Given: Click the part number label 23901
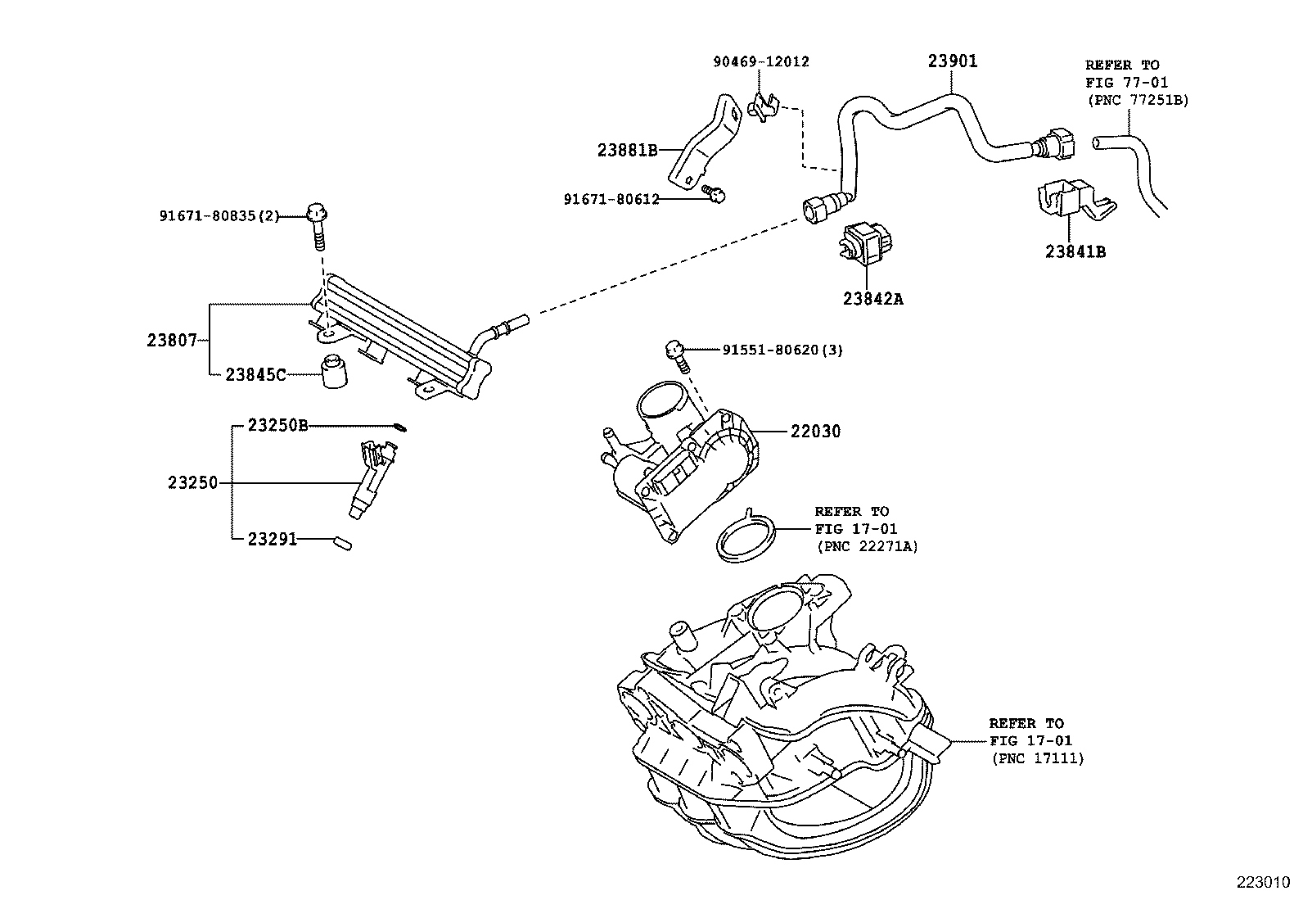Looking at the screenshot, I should coord(953,61).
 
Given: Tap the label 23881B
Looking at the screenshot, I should coord(627,151).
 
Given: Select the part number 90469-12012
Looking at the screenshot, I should coord(760,61).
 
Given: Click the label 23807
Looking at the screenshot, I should coord(172,340).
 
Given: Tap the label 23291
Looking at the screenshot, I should coord(272,539).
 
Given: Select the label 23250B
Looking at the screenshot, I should coord(277,426).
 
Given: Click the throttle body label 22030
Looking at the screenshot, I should coord(815,432).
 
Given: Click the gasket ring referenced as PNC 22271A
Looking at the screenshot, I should coord(746,539).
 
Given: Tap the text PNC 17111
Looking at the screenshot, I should coord(1037,759).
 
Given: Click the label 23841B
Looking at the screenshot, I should coord(1075,252).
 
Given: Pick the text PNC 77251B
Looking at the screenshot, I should coord(1137,100).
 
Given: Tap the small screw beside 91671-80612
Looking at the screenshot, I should coord(715,195).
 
